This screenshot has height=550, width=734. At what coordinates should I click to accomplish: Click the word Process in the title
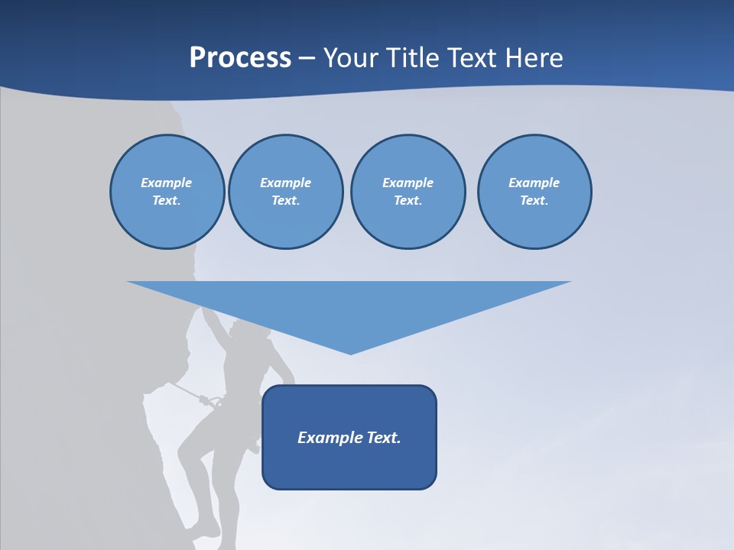pos(240,58)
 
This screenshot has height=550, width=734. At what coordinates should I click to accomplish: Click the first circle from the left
pos(167,192)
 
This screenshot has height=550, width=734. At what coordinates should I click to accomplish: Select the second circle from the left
pos(285,192)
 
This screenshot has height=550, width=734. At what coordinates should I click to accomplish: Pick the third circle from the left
pos(408,192)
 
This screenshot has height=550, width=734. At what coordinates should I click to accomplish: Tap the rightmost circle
pos(534,192)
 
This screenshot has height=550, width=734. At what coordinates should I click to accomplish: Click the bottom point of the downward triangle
pos(350,353)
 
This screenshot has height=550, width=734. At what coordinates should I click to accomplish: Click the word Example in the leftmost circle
pos(167,183)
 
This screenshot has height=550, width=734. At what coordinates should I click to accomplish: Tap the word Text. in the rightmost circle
pos(534,201)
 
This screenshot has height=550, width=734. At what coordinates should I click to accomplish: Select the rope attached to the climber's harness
pos(185,390)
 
